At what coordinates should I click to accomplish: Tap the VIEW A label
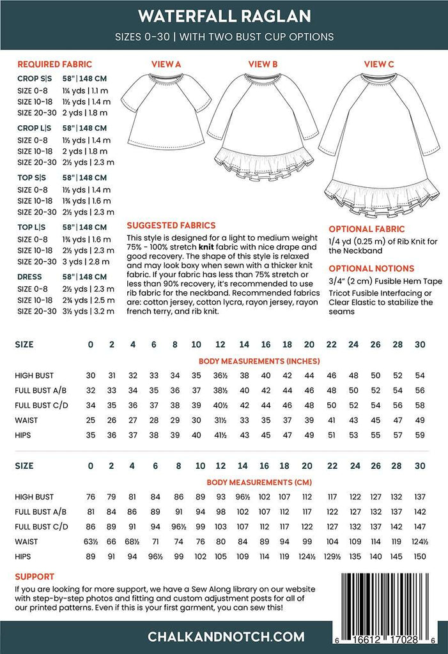coord(166,64)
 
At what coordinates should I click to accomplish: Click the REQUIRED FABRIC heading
coord(54,64)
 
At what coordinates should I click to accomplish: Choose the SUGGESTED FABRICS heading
coord(171,225)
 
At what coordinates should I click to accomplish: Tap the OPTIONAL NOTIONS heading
coord(371,269)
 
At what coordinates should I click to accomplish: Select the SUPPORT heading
coord(35,576)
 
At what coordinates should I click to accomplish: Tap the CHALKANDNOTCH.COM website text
coord(224,637)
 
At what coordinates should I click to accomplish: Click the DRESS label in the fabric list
coord(29,277)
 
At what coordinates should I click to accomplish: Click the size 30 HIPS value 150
coord(420,557)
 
